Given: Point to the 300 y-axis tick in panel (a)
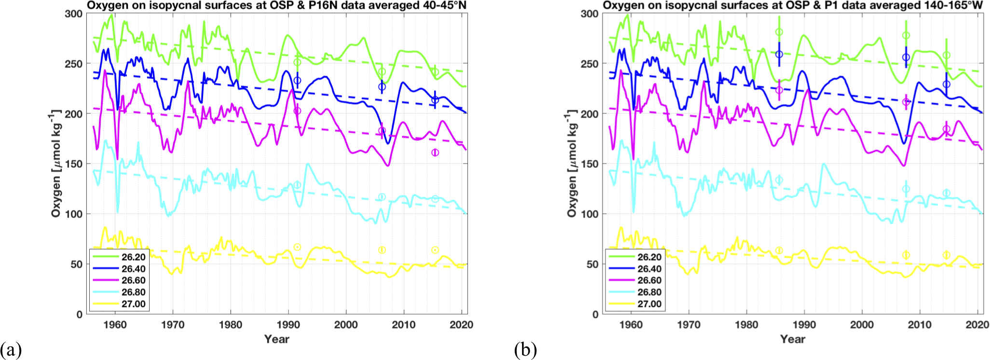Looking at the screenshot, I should pos(74,14).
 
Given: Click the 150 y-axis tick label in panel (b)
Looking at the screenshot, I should pos(590,164).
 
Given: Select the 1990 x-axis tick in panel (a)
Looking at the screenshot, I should pos(288,325).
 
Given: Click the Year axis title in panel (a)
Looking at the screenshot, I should pos(276,339).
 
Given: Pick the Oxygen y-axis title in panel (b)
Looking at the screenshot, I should pos(572,164).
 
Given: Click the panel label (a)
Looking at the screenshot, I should pos(11,349).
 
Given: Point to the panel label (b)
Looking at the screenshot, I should pos(525,349).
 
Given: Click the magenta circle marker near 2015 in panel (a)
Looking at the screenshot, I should pos(435,152).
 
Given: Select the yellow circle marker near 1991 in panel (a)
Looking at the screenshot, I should pos(298,247).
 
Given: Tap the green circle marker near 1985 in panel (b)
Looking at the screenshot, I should pos(779,32).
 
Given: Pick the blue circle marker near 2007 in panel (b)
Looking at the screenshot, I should pos(906,57).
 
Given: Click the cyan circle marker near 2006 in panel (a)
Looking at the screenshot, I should pos(382,196).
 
